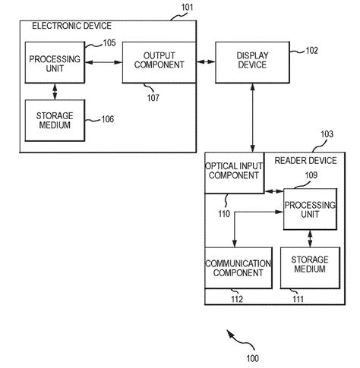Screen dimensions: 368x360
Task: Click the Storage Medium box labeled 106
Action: pyautogui.click(x=54, y=120)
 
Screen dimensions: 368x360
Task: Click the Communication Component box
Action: pyautogui.click(x=237, y=268)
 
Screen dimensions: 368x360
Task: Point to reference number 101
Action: pyautogui.click(x=188, y=8)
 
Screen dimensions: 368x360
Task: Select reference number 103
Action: pyautogui.click(x=326, y=134)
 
